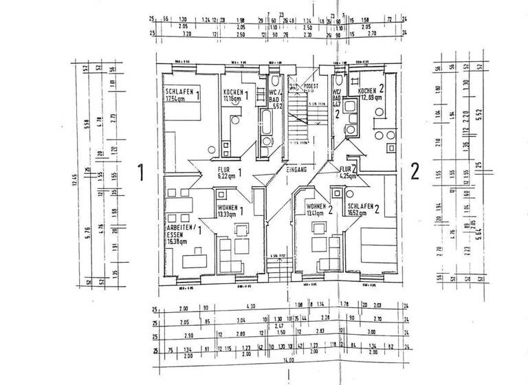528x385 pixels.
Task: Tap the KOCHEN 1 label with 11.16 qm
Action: pyautogui.click(x=234, y=96)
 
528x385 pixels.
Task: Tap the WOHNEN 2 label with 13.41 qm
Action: pyautogui.click(x=320, y=210)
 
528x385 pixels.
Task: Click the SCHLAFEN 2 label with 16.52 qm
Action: pyautogui.click(x=365, y=210)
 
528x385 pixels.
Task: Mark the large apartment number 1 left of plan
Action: pyautogui.click(x=140, y=172)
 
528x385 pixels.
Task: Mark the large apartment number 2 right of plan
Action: pyautogui.click(x=415, y=172)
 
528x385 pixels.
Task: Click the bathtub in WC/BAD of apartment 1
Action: pyautogui.click(x=265, y=127)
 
